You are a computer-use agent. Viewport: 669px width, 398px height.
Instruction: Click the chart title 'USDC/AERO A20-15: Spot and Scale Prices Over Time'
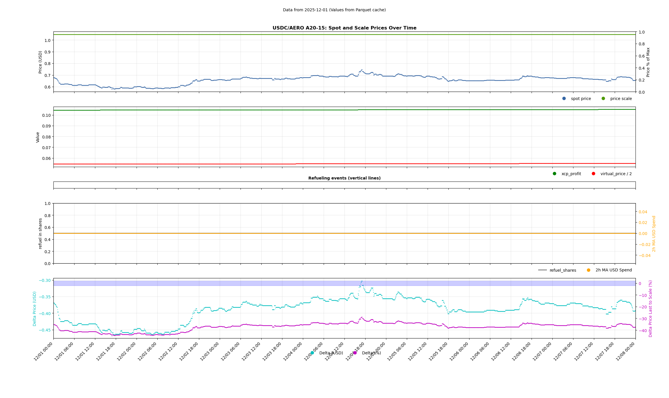click(344, 28)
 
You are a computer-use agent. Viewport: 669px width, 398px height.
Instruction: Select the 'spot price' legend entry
click(581, 99)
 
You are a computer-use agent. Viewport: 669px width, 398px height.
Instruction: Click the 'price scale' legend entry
click(621, 99)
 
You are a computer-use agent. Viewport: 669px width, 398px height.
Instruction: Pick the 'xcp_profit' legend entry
click(571, 174)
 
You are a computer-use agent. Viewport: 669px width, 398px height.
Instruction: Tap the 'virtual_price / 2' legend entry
click(616, 174)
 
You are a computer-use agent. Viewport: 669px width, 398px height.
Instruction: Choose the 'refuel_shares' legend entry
click(562, 270)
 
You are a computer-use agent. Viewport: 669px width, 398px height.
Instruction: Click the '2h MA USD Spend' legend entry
click(613, 270)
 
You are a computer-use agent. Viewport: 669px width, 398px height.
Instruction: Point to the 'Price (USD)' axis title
click(40, 62)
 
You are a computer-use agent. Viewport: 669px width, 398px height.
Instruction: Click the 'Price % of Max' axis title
click(648, 62)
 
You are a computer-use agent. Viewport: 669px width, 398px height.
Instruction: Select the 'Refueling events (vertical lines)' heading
click(344, 178)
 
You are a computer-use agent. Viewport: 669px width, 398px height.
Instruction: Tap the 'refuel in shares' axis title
click(40, 234)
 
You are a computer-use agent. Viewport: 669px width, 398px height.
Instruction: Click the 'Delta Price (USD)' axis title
click(35, 309)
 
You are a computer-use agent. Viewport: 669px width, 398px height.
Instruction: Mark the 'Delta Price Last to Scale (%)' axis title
click(651, 309)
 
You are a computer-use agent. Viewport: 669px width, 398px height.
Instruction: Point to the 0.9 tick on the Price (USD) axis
click(47, 52)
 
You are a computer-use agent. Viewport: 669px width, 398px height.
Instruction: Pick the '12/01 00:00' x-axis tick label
click(43, 351)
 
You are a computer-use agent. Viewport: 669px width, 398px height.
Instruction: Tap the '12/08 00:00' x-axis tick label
click(625, 351)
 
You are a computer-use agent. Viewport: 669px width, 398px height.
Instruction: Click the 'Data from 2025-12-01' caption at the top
click(334, 10)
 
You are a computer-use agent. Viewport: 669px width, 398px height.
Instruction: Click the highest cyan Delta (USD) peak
click(362, 281)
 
